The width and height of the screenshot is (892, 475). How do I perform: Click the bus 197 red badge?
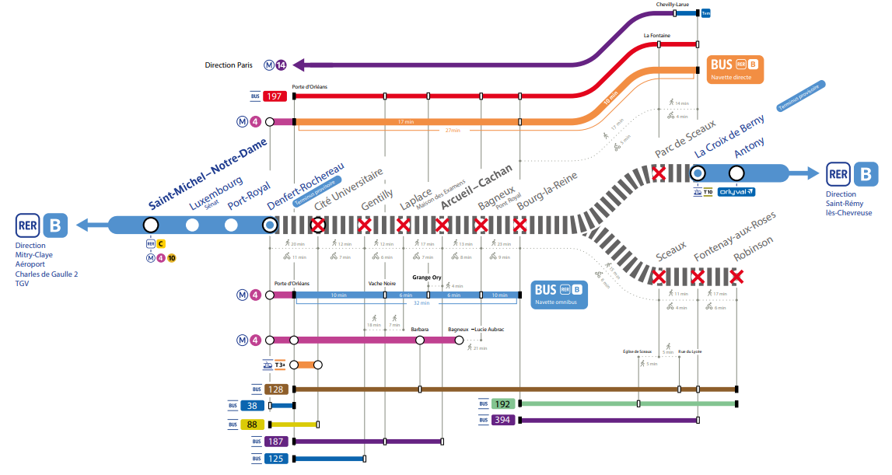coord(275,96)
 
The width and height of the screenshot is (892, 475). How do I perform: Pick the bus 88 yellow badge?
coord(252,424)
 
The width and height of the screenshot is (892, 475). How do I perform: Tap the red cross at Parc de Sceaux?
coord(659,173)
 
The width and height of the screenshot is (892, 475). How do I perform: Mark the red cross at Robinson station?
coord(736,276)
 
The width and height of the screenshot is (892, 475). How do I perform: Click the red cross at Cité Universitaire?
coord(317,225)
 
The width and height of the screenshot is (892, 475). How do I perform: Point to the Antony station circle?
coord(736,173)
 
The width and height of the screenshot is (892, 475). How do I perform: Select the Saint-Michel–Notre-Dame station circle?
coord(151,225)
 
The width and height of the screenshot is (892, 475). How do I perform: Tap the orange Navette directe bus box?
coord(734,68)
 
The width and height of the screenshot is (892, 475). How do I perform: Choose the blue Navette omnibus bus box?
coord(558,295)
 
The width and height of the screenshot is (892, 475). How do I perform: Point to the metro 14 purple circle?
coord(281,65)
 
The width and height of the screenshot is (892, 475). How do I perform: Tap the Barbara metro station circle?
coord(420,340)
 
